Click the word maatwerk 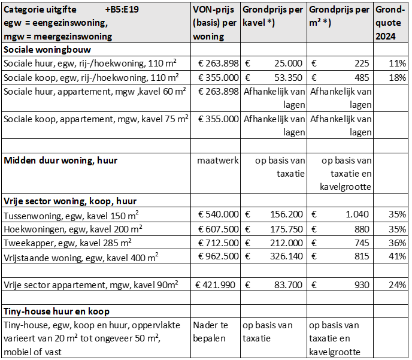218,161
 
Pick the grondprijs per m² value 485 360,77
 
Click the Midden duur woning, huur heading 60,161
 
